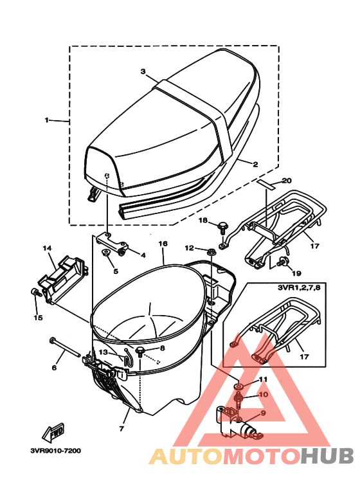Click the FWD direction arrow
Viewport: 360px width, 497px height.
[x=53, y=432]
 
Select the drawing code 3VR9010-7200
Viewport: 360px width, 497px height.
[x=56, y=451]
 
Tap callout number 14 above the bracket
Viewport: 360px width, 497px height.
[x=47, y=248]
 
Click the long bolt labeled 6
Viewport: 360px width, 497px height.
[x=64, y=348]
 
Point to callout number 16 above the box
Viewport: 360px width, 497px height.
[x=163, y=244]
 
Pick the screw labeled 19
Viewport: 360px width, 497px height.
[x=282, y=262]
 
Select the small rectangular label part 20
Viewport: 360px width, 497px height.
[x=267, y=184]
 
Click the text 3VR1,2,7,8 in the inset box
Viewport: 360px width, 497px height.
[x=299, y=288]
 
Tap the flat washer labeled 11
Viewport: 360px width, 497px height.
[x=239, y=386]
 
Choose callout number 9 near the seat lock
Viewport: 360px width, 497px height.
[x=263, y=413]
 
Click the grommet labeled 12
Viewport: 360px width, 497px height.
[x=211, y=252]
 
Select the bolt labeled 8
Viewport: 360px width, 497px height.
[x=140, y=351]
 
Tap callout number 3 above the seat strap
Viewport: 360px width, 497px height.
[x=143, y=71]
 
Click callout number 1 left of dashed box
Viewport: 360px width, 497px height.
[x=47, y=120]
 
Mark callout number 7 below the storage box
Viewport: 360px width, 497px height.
[x=122, y=429]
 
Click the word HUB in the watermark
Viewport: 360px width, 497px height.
[x=327, y=456]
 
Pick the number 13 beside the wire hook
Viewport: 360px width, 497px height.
[x=104, y=352]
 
